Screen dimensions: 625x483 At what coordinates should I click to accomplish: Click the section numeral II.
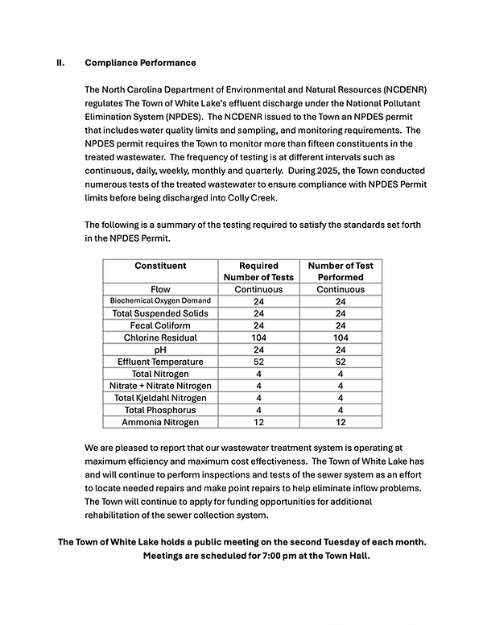[60, 63]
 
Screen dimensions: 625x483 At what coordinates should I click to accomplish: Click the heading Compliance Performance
[140, 63]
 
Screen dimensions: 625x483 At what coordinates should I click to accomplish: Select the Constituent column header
[160, 266]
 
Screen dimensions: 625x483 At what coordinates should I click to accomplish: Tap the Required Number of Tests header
[258, 271]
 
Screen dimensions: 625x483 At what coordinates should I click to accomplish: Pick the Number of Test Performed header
[340, 271]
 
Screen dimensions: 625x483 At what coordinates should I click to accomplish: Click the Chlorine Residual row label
[160, 337]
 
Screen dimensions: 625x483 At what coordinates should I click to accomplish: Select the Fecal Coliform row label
[160, 325]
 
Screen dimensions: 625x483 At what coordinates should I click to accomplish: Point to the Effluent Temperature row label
[160, 362]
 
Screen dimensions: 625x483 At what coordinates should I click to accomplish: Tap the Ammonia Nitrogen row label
[160, 422]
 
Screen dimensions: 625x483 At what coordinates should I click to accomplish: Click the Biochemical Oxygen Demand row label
[160, 301]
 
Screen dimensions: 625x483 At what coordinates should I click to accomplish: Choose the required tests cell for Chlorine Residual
[258, 337]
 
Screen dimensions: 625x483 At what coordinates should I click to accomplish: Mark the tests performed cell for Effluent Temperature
[340, 362]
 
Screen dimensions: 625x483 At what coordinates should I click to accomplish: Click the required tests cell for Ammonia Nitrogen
[258, 422]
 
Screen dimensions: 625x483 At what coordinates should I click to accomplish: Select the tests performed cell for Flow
[340, 289]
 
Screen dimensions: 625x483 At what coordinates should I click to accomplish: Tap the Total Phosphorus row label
[160, 410]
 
